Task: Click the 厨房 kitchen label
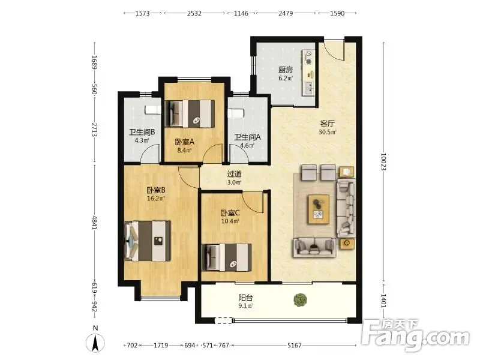pyautogui.click(x=286, y=70)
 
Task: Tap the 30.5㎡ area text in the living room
pyautogui.click(x=328, y=132)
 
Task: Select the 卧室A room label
pyautogui.click(x=185, y=142)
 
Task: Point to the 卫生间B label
pyautogui.click(x=142, y=132)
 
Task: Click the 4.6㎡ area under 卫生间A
pyautogui.click(x=247, y=145)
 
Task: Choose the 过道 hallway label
pyautogui.click(x=234, y=174)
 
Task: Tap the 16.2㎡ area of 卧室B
pyautogui.click(x=156, y=199)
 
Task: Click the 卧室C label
pyautogui.click(x=230, y=213)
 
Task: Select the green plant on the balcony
pyautogui.click(x=301, y=300)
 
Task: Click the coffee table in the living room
pyautogui.click(x=319, y=209)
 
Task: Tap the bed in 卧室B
pyautogui.click(x=148, y=241)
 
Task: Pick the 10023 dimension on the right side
pyautogui.click(x=383, y=161)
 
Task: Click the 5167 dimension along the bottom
pyautogui.click(x=294, y=346)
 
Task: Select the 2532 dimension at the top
pyautogui.click(x=194, y=13)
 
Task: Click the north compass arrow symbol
pyautogui.click(x=95, y=343)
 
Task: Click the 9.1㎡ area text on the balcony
pyautogui.click(x=245, y=306)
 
